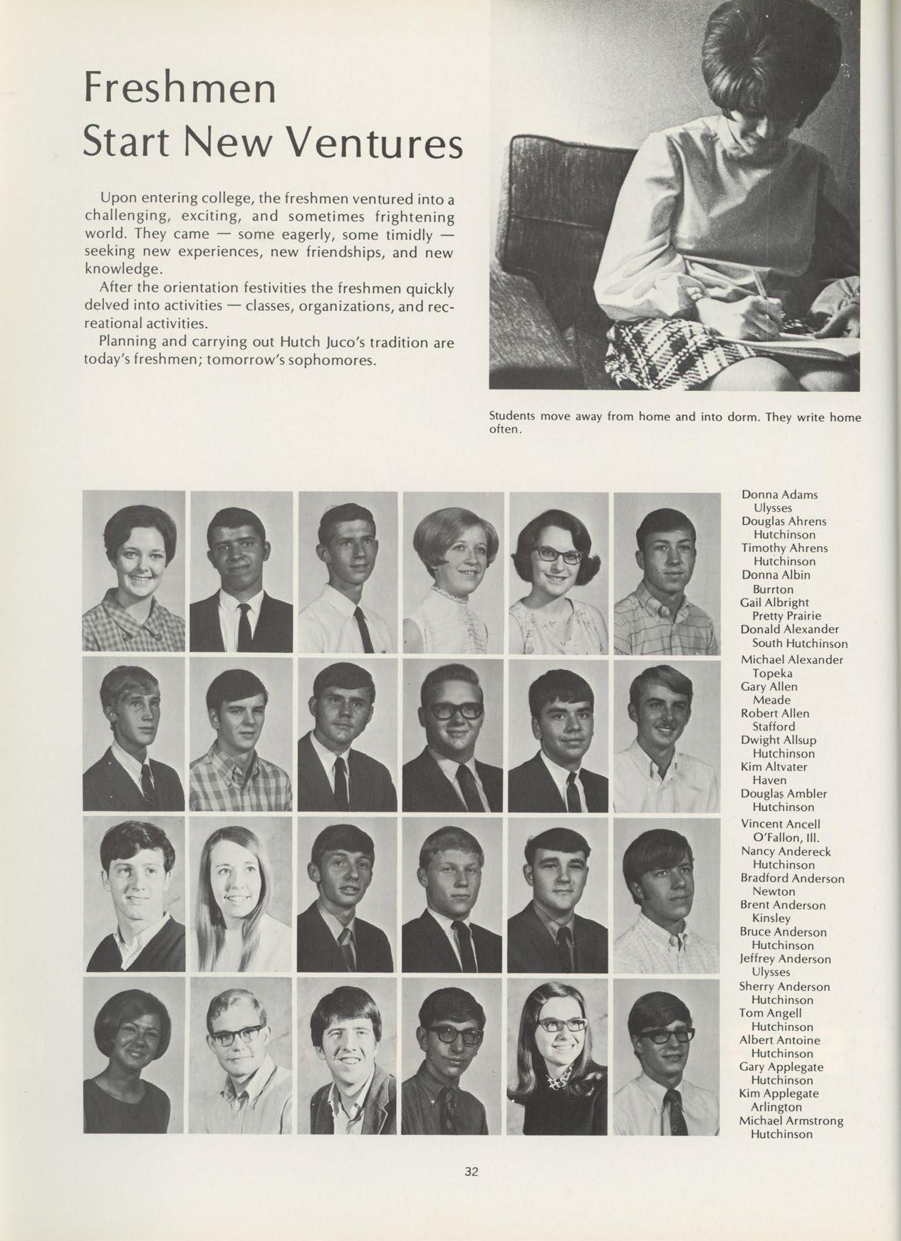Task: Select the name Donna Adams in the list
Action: pos(779,494)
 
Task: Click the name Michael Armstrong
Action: pos(792,1121)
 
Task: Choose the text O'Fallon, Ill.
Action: pos(781,837)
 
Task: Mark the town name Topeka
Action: pos(773,673)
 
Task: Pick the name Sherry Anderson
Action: pos(785,986)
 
